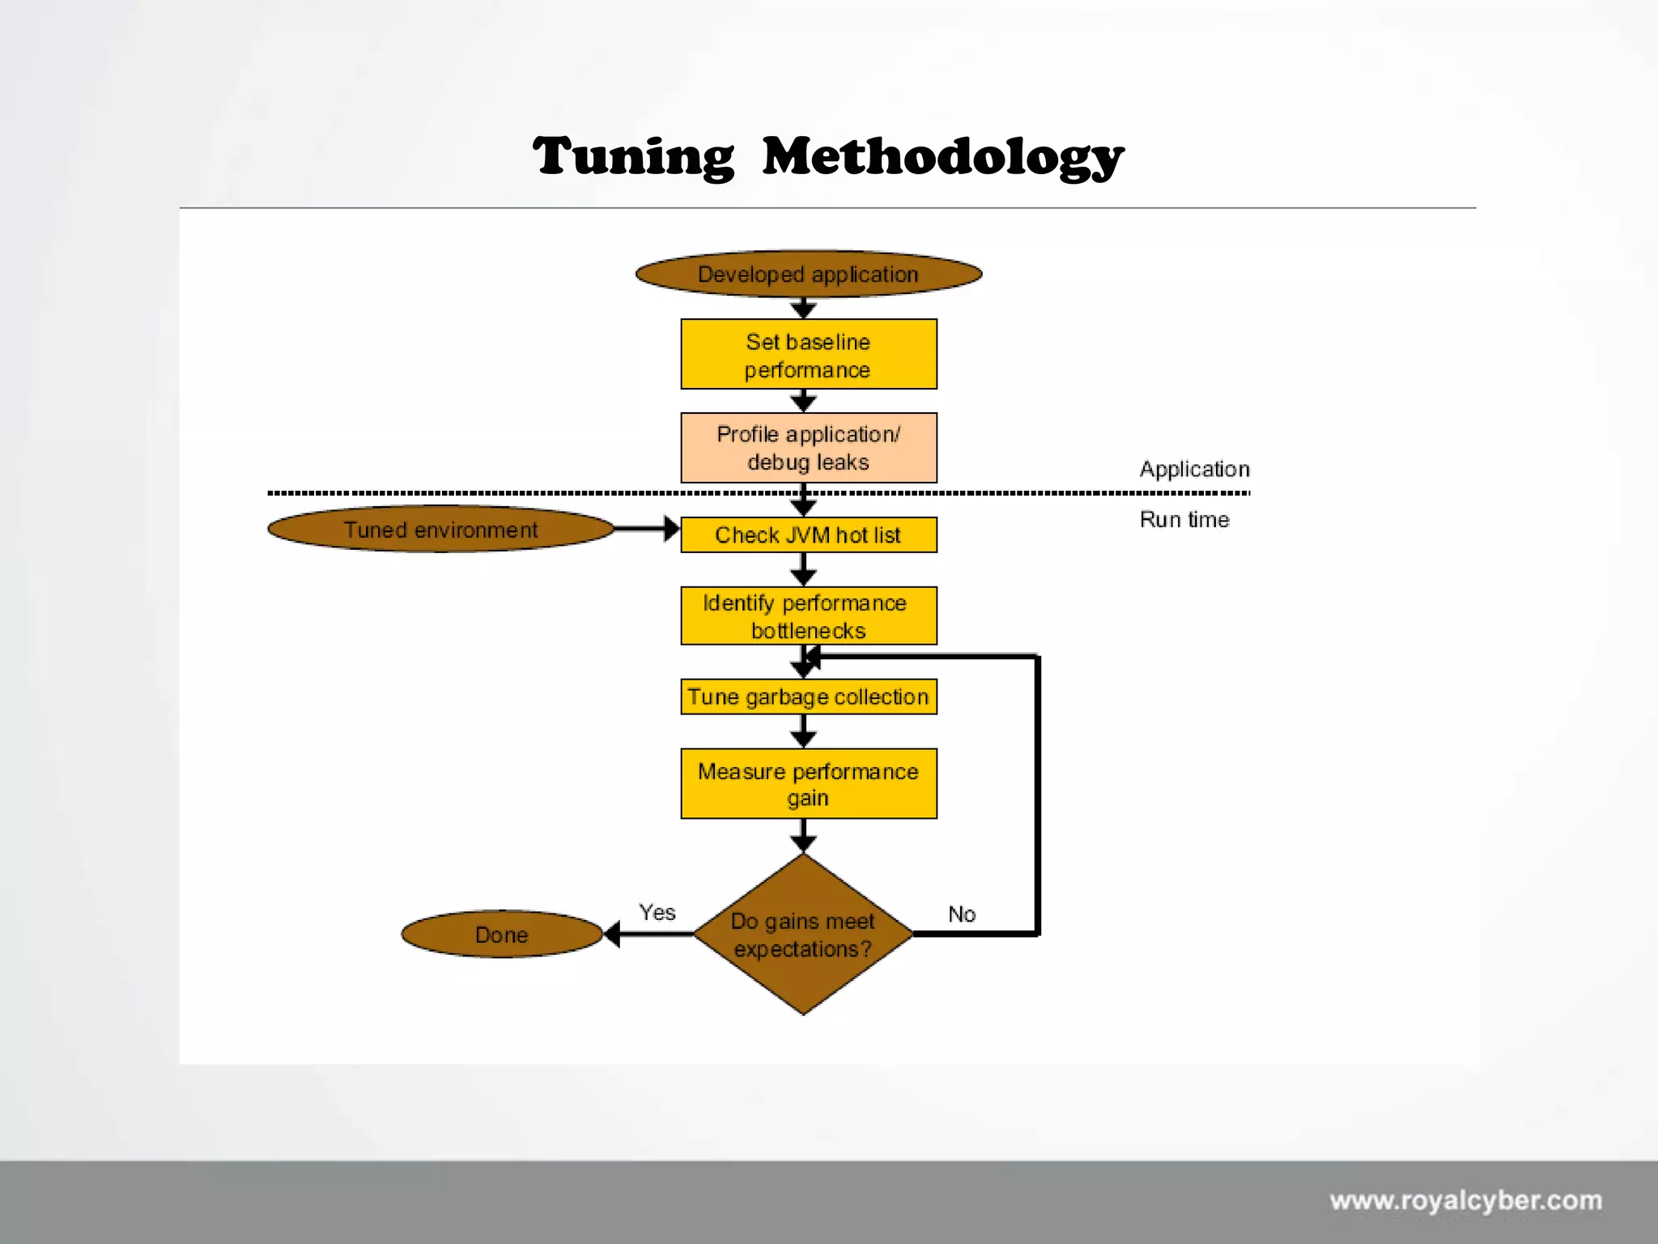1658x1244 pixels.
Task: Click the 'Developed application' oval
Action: (x=808, y=275)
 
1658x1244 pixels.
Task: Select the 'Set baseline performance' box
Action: (x=808, y=355)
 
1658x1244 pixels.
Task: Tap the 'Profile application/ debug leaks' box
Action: (x=808, y=448)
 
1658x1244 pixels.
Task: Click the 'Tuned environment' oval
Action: (x=440, y=530)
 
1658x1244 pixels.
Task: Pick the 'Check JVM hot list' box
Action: (x=808, y=535)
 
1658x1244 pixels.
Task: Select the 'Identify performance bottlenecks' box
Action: (x=808, y=616)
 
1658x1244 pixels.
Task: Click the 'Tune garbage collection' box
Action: (x=808, y=697)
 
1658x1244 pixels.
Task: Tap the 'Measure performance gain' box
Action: (x=808, y=784)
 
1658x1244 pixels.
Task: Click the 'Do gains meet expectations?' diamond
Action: (x=803, y=935)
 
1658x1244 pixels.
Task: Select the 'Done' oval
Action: (x=502, y=935)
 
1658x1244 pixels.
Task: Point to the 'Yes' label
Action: (x=657, y=913)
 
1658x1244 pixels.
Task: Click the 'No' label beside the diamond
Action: (x=962, y=914)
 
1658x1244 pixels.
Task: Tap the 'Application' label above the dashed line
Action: (x=1194, y=469)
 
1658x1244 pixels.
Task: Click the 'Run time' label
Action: (x=1184, y=519)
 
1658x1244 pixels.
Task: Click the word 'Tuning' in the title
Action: (x=634, y=156)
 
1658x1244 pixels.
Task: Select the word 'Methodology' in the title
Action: (x=943, y=156)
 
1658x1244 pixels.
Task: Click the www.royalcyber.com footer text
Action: (x=1465, y=1200)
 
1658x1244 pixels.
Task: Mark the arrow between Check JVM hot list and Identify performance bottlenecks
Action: (x=803, y=569)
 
